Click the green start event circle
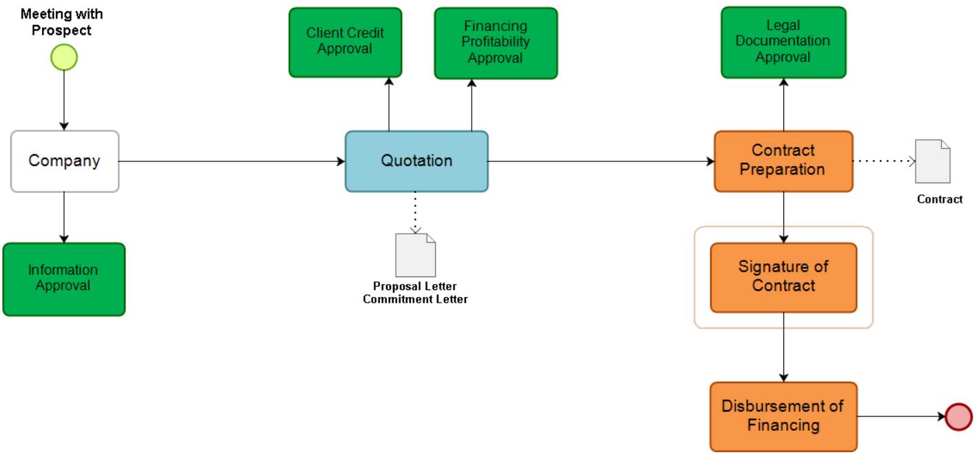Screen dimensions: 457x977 coord(64,57)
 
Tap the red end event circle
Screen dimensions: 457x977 coord(958,417)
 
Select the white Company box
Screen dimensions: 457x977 coord(65,161)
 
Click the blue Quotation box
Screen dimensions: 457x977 coord(416,161)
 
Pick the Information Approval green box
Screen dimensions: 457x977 coord(63,278)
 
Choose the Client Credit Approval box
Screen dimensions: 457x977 coord(345,42)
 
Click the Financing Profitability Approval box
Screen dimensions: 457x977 coord(495,43)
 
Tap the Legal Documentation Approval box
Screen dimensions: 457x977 coord(783,42)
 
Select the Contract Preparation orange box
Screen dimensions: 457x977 coord(783,161)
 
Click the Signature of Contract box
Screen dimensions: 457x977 coord(783,277)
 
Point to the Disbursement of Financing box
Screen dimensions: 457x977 coord(783,416)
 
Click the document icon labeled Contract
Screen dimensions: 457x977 coord(932,161)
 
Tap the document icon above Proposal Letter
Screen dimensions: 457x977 coord(415,255)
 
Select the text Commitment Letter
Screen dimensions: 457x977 coord(415,299)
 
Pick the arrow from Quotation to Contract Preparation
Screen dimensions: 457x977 coord(600,161)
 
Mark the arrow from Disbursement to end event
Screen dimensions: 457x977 coord(900,417)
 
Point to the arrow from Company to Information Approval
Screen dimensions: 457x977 coord(64,217)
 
